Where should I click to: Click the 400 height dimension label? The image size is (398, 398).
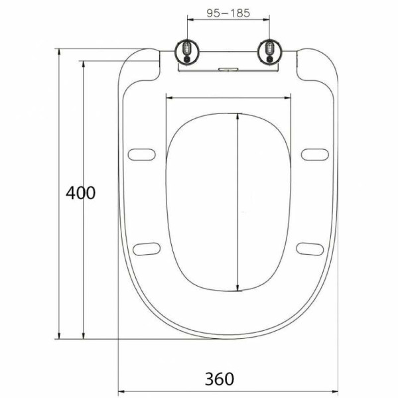[x=80, y=193]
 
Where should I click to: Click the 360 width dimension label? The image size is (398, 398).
[x=220, y=379]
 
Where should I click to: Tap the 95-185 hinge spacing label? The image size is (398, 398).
[x=228, y=13]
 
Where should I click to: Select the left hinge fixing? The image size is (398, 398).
[x=187, y=52]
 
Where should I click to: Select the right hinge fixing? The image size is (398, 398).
[x=269, y=52]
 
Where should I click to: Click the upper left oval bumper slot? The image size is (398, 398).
[x=142, y=155]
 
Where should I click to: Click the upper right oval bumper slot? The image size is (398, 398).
[x=315, y=155]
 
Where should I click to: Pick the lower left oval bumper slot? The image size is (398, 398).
[x=147, y=249]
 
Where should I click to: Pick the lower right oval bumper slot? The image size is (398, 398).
[x=310, y=249]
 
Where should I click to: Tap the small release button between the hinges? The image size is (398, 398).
[x=228, y=69]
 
